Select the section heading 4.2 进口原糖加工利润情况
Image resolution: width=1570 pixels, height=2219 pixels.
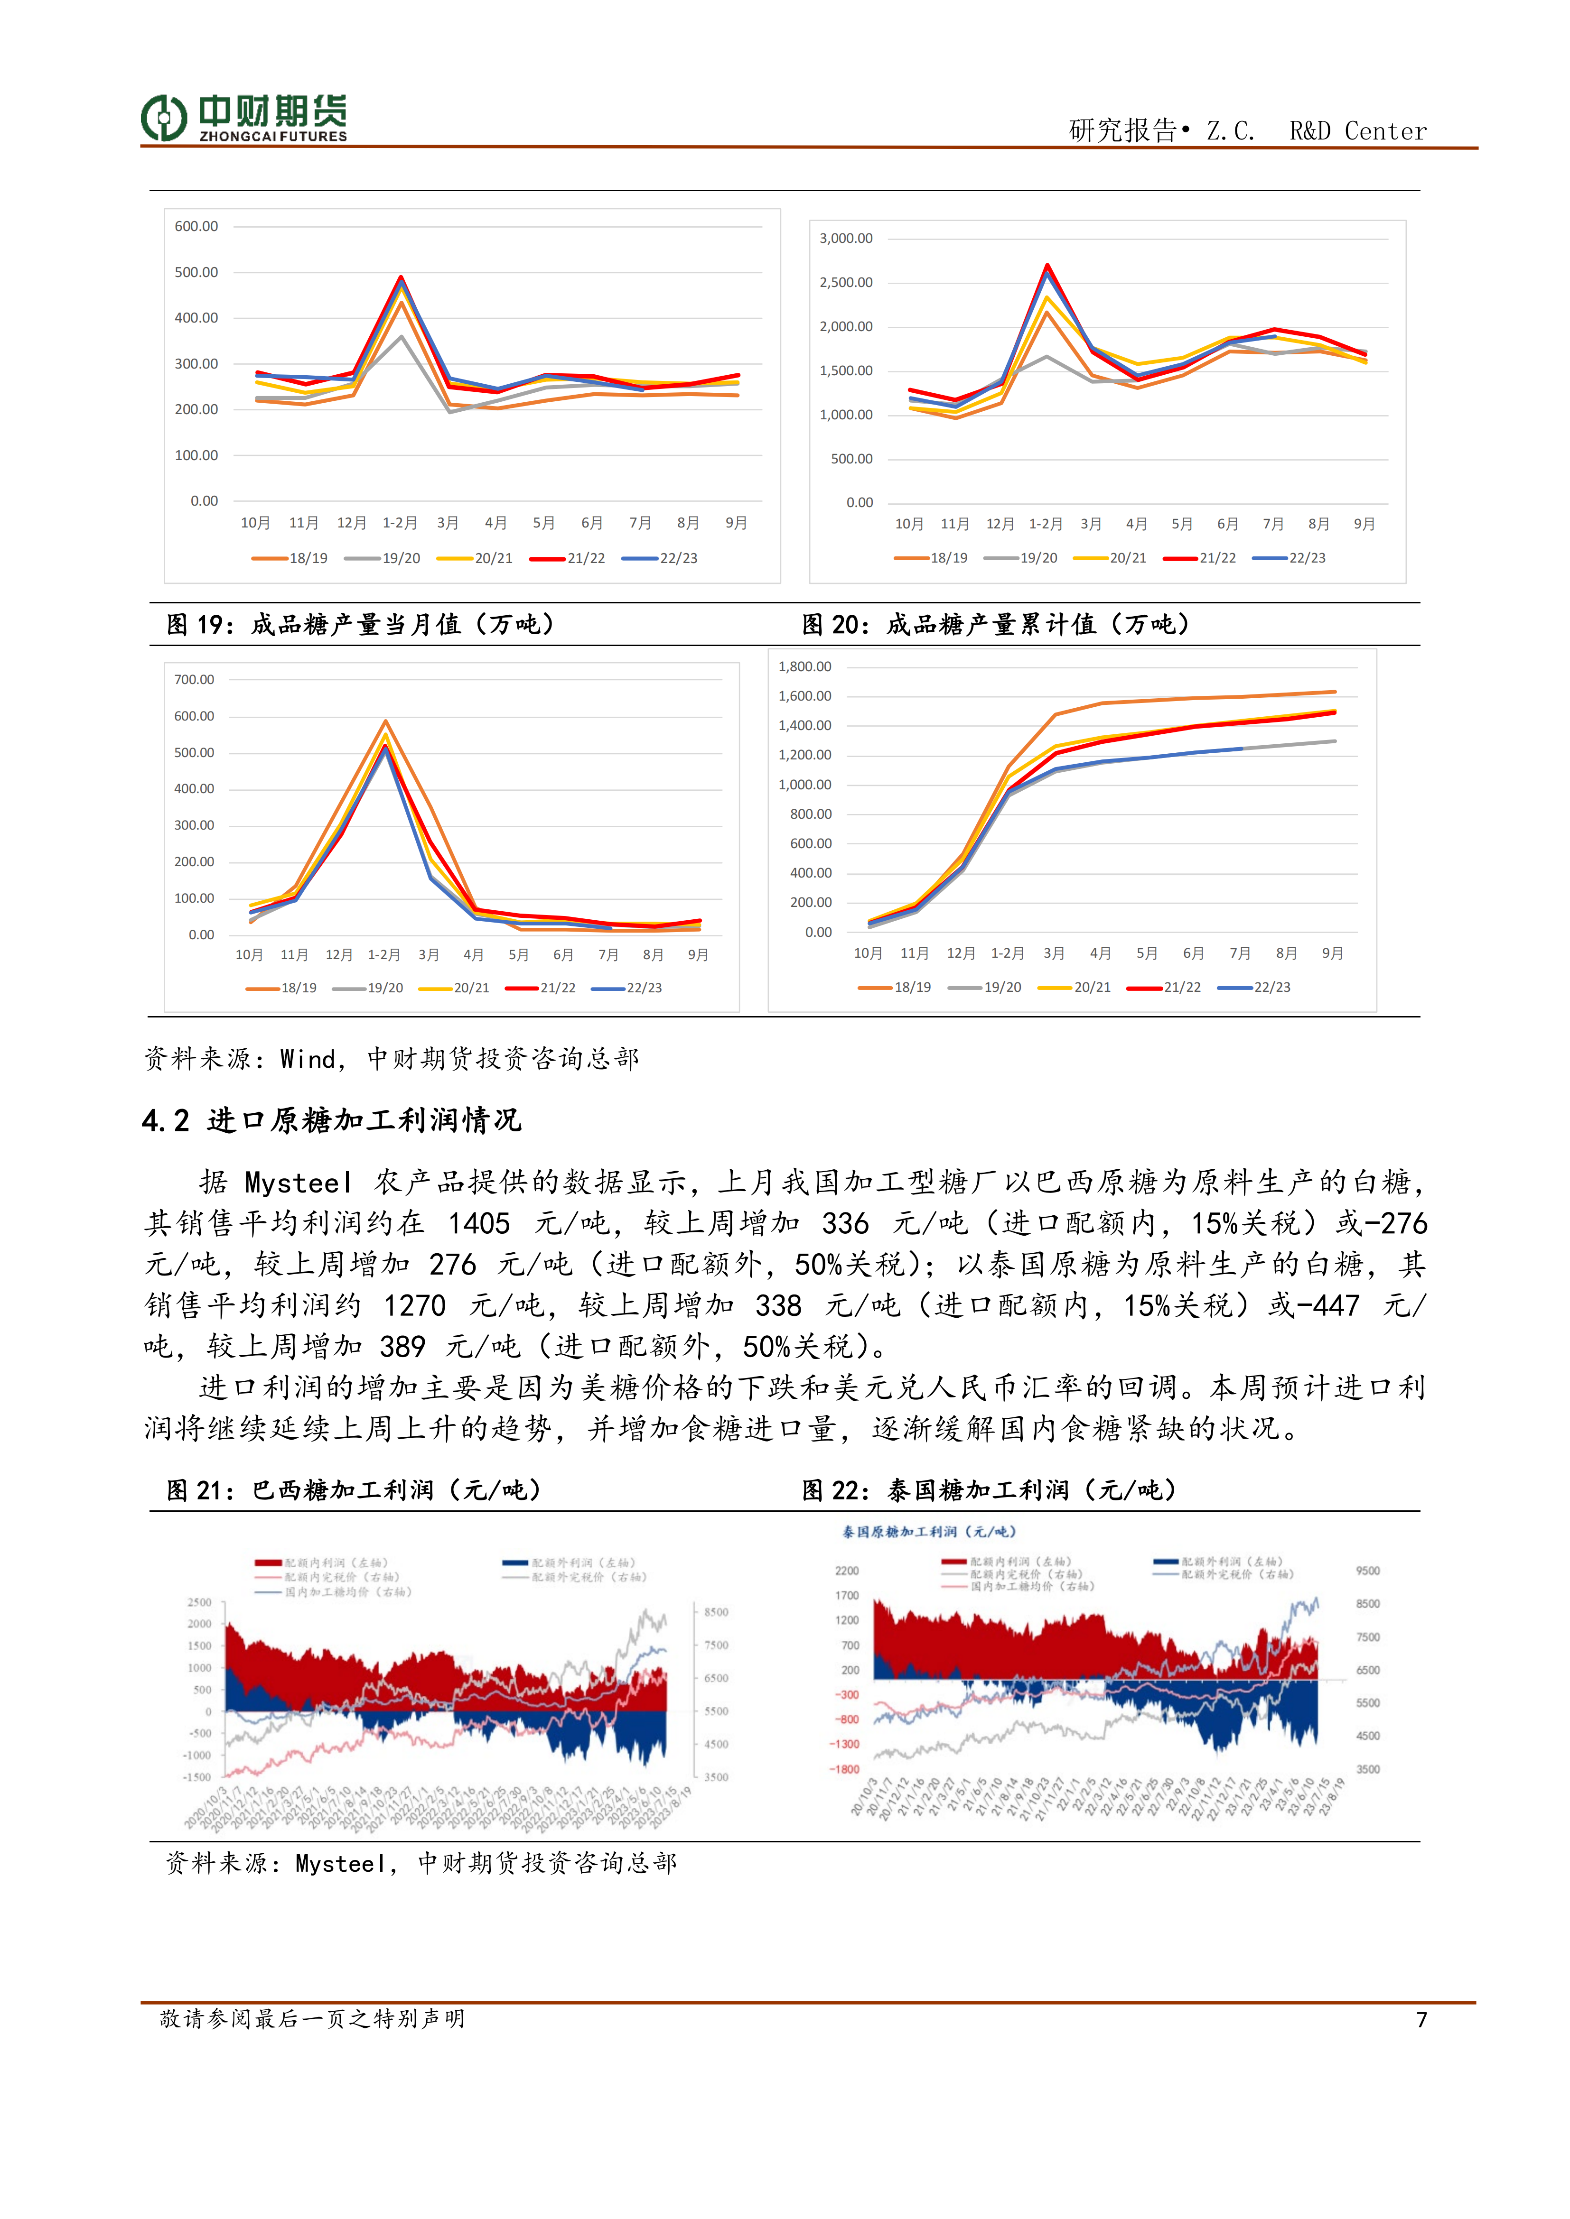tap(332, 1120)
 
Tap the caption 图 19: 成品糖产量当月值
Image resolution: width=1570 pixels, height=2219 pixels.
tap(361, 624)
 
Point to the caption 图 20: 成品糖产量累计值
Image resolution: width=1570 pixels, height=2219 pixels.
tap(996, 624)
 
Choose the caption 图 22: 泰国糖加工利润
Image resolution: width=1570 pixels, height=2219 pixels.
tap(989, 1490)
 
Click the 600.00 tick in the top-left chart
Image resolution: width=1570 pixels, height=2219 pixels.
tap(196, 226)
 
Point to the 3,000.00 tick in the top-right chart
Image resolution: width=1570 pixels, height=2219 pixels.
tap(846, 238)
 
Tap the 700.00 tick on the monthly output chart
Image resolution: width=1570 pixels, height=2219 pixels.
tap(194, 679)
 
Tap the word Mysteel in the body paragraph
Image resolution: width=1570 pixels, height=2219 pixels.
tap(298, 1183)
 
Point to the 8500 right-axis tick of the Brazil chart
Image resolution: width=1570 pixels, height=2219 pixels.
tap(716, 1612)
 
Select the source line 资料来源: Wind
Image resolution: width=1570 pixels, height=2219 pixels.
tap(392, 1059)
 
